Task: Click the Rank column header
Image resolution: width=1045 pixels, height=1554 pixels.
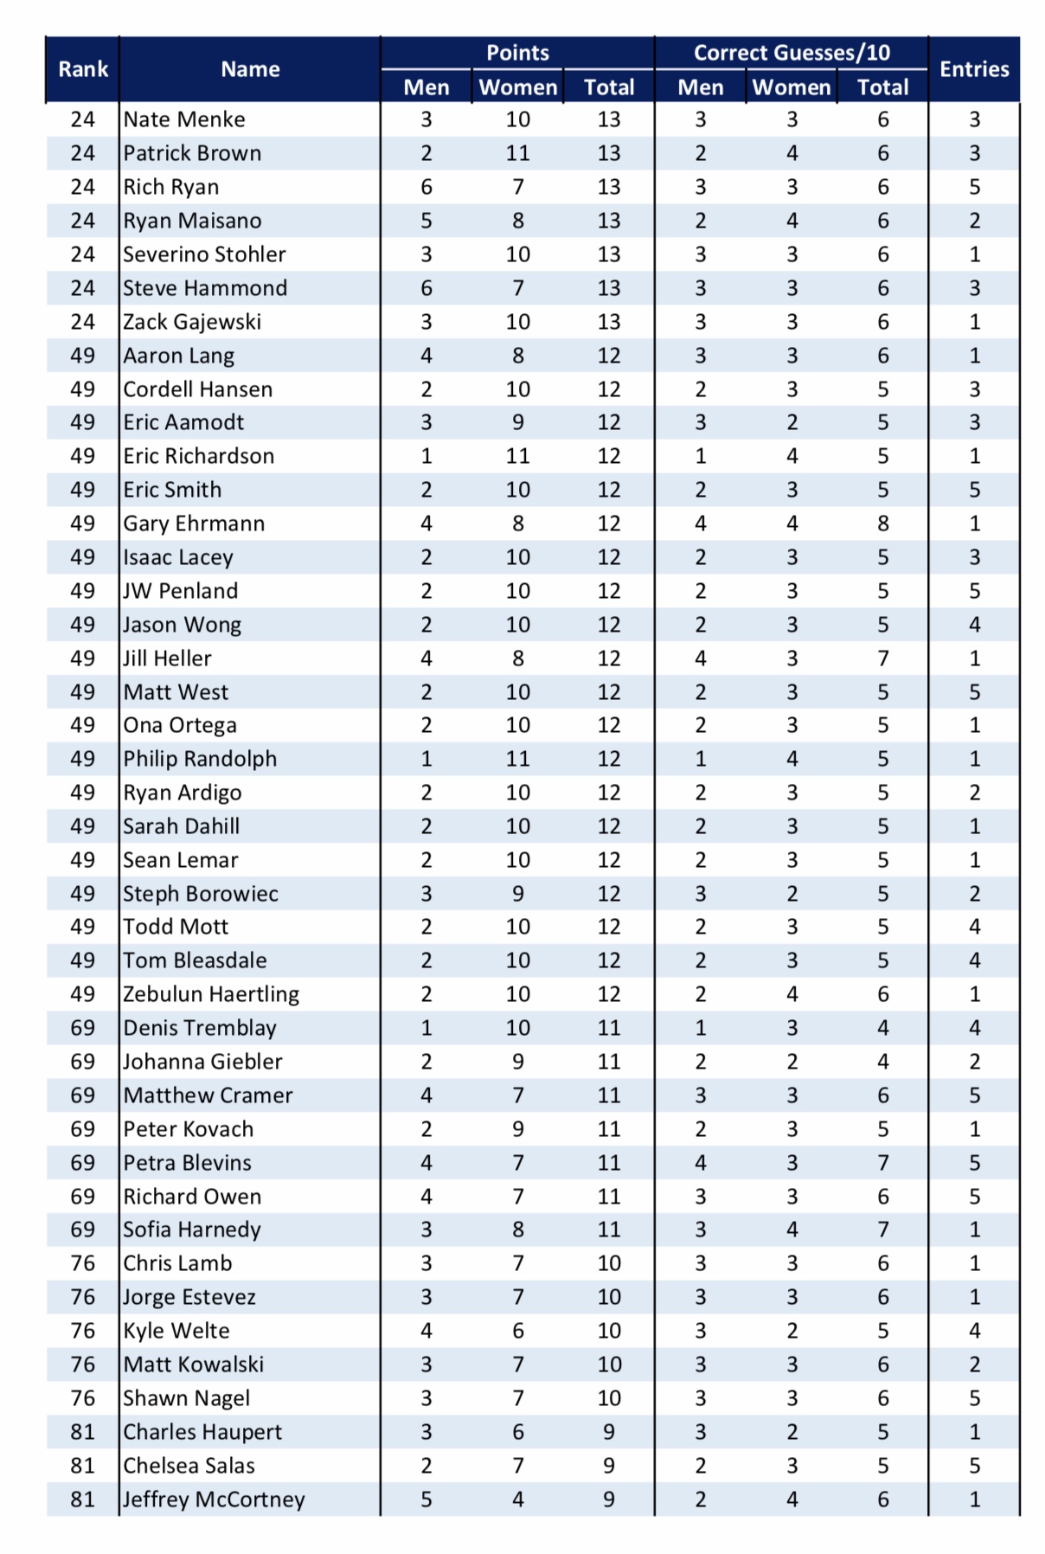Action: [x=83, y=69]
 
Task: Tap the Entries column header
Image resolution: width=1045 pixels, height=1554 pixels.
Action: [x=974, y=69]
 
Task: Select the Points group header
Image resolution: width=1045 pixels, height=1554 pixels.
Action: [x=517, y=53]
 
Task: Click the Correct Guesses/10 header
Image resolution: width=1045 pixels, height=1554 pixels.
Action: [x=792, y=53]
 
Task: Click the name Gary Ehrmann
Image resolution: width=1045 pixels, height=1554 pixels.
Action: [x=194, y=523]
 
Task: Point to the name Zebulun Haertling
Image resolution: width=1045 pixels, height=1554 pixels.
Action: [x=211, y=994]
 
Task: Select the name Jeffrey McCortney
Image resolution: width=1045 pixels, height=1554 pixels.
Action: [x=214, y=1499]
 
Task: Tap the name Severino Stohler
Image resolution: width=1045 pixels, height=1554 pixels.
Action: [x=204, y=254]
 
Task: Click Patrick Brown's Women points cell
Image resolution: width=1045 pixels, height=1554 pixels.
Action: [x=517, y=153]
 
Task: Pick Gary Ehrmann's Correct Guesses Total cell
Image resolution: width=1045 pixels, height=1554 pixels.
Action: [x=882, y=523]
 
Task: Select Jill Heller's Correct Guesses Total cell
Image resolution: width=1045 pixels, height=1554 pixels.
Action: [x=882, y=658]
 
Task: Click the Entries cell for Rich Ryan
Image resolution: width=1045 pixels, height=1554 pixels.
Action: [x=974, y=187]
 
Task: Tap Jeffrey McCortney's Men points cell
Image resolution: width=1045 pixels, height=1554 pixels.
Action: [x=426, y=1499]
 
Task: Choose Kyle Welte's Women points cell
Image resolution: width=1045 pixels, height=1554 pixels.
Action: [x=517, y=1331]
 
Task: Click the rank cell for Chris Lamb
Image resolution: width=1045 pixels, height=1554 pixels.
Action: [x=83, y=1263]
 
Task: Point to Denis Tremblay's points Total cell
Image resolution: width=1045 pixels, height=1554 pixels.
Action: [x=609, y=1028]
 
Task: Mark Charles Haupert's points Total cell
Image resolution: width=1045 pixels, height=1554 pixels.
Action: [x=609, y=1432]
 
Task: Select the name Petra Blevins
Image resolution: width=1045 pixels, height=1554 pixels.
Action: [x=187, y=1163]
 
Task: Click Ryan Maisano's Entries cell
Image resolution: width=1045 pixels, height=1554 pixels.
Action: [x=974, y=221]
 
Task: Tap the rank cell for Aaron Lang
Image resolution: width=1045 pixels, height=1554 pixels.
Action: [x=83, y=356]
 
